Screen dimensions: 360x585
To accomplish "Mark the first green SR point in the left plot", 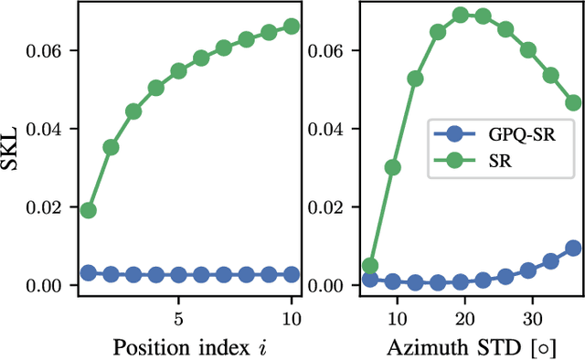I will coord(89,210).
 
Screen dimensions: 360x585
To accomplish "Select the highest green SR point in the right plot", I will coord(461,15).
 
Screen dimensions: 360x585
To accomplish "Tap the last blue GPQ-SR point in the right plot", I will coord(573,248).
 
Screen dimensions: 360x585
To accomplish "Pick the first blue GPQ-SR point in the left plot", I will coord(89,272).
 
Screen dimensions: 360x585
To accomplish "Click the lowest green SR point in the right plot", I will coord(370,266).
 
